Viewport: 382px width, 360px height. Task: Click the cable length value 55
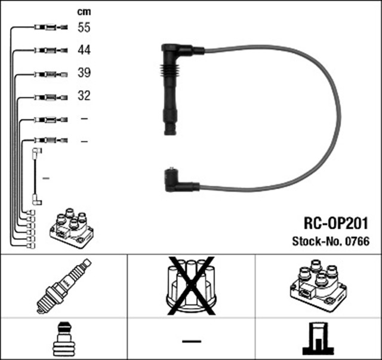click(84, 27)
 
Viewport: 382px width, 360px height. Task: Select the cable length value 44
click(84, 50)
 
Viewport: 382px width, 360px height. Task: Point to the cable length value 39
click(84, 73)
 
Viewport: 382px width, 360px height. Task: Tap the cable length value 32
click(84, 96)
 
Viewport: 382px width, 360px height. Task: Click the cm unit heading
click(84, 11)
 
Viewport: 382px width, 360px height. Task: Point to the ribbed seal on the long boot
click(171, 78)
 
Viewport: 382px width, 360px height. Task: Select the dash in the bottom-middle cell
click(191, 341)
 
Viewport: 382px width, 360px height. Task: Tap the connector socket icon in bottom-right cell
click(318, 339)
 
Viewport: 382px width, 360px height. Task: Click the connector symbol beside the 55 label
click(53, 27)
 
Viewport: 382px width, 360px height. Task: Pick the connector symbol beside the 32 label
click(53, 96)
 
